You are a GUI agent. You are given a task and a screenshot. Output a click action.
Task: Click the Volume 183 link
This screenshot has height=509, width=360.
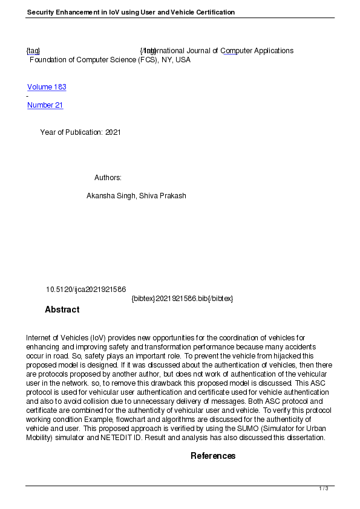47,87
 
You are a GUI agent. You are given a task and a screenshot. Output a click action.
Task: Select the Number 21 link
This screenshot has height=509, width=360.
45,105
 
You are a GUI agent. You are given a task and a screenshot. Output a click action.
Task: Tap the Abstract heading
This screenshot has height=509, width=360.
62,310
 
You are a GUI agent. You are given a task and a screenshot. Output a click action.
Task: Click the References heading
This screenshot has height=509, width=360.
213,456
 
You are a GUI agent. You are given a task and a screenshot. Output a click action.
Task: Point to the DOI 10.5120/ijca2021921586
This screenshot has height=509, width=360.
85,290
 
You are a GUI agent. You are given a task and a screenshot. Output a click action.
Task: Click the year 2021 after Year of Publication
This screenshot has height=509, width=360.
113,132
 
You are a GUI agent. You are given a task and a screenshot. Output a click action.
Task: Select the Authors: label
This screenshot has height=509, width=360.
108,178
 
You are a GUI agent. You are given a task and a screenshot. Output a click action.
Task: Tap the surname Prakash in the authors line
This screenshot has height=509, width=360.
172,196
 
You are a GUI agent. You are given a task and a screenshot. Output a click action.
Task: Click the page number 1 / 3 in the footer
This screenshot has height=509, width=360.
324,488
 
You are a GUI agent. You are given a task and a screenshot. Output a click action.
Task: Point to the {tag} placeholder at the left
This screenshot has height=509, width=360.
33,51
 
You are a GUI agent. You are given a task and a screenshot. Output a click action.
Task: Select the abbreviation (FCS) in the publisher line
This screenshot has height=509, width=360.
146,60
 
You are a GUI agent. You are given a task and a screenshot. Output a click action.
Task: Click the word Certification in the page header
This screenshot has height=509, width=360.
214,12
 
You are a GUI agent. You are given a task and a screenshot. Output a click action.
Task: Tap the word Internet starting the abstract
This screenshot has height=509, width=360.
39,337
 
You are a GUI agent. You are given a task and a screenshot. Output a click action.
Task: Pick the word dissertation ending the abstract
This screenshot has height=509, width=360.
306,438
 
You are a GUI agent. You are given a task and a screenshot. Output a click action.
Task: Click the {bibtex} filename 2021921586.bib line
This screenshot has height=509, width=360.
182,299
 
